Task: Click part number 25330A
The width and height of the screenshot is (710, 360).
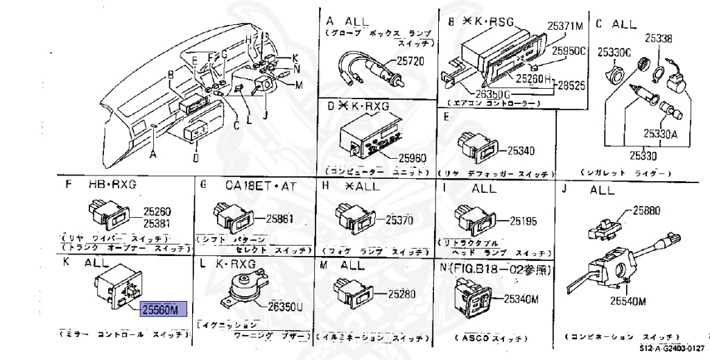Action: coord(659,135)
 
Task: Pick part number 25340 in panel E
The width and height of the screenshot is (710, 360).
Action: coord(522,150)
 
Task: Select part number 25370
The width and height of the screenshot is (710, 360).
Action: coord(399,219)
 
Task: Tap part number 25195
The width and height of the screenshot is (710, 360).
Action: coord(523,221)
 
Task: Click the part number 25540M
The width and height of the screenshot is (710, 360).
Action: coord(628,301)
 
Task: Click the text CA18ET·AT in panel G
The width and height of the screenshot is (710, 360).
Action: coord(261,185)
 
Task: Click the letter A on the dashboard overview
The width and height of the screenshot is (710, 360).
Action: coord(153,155)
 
